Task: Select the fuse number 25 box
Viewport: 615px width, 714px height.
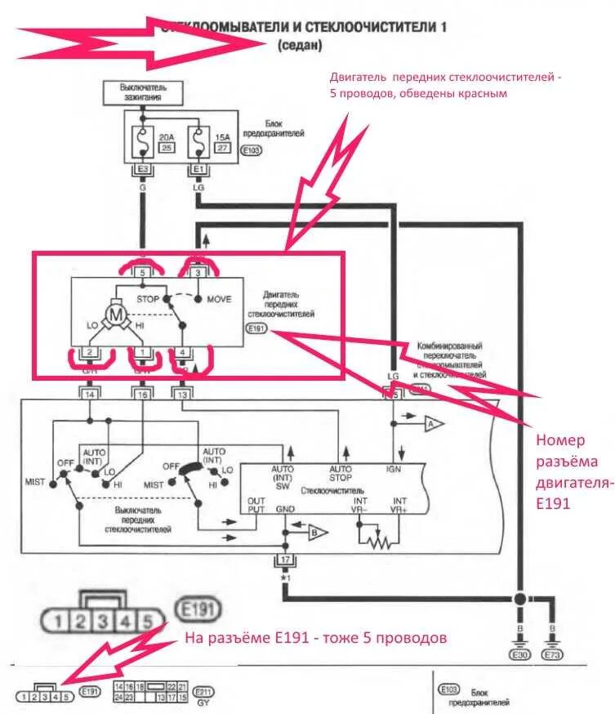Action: (166, 147)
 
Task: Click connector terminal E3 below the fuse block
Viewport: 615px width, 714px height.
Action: (142, 169)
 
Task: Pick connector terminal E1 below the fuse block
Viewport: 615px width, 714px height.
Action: (197, 169)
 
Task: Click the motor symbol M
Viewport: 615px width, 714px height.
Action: (116, 315)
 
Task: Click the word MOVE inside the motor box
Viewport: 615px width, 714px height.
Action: (220, 299)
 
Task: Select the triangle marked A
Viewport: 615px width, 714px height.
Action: (432, 423)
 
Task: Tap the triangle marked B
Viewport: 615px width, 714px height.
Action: (317, 533)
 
